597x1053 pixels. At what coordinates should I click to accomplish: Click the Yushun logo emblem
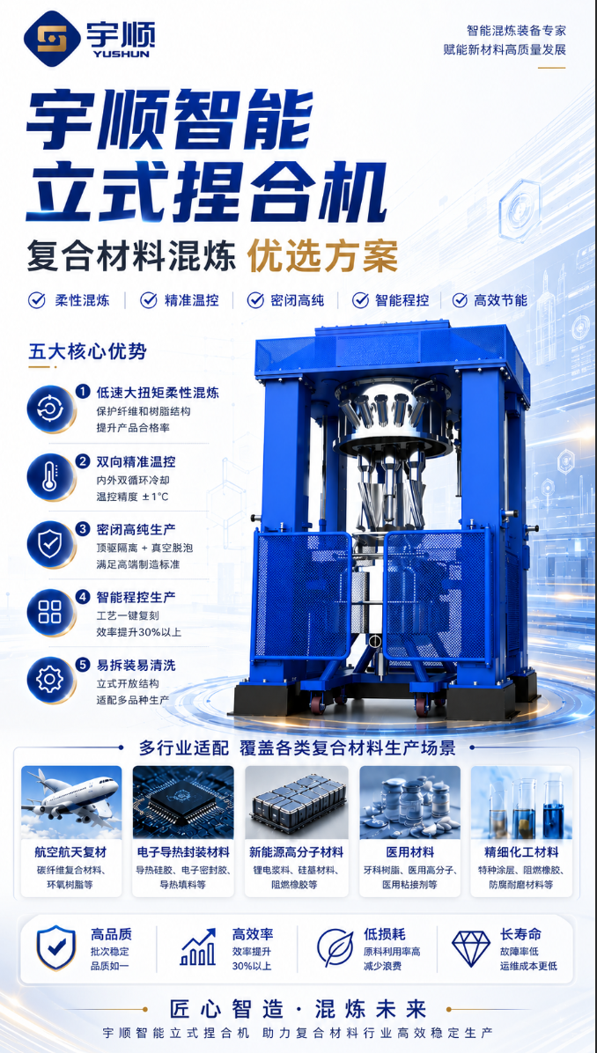coord(52,39)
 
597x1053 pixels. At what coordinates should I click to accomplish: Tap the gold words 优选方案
coord(323,256)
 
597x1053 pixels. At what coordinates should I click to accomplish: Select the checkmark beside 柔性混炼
coord(36,300)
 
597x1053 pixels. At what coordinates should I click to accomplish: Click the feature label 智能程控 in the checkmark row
coord(401,300)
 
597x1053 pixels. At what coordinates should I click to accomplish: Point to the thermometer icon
coord(49,476)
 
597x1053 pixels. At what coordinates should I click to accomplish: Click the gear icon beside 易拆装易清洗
coord(49,679)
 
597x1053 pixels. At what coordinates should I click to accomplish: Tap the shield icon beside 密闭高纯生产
coord(49,544)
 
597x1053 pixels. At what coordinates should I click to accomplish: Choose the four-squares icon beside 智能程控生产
coord(49,612)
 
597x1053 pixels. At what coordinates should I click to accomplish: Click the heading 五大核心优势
coord(88,351)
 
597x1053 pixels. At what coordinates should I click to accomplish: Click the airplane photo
coord(71,802)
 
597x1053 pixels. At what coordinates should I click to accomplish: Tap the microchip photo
coord(183,802)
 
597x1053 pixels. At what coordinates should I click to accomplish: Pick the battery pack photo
coord(296,802)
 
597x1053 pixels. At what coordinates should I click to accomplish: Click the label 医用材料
coord(409,852)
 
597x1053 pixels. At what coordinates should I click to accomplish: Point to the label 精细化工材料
coord(522,852)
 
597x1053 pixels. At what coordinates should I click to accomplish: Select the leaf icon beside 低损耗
coord(335,947)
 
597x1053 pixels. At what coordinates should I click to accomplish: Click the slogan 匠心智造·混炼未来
coord(298,1009)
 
